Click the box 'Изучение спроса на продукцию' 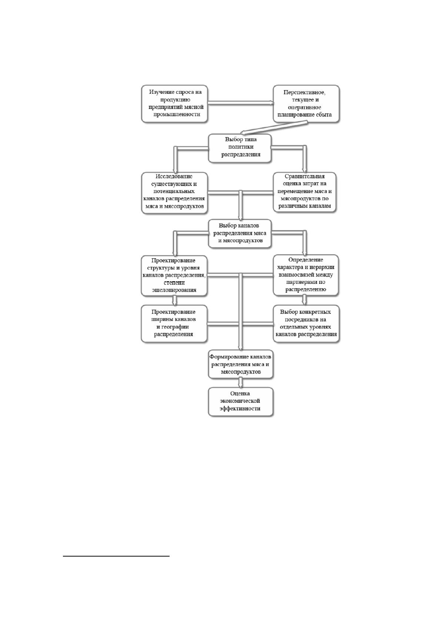(174, 104)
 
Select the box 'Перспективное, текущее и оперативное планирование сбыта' (306, 104)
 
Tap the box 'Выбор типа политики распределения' (240, 148)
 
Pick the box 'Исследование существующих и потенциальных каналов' (174, 193)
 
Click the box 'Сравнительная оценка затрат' (305, 192)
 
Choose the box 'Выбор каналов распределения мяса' (240, 233)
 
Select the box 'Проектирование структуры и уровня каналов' (174, 276)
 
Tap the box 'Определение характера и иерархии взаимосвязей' (306, 275)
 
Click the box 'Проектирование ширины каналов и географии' (174, 323)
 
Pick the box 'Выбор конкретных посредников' (306, 323)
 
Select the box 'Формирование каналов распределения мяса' (241, 364)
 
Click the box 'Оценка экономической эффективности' (241, 402)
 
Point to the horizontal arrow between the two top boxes (241, 103)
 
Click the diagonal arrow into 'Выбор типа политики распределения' (274, 127)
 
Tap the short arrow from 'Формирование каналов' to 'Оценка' (241, 383)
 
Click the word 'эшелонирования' (174, 290)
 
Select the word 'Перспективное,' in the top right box (304, 92)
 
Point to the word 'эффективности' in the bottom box (240, 408)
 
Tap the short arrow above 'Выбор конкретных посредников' (305, 300)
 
